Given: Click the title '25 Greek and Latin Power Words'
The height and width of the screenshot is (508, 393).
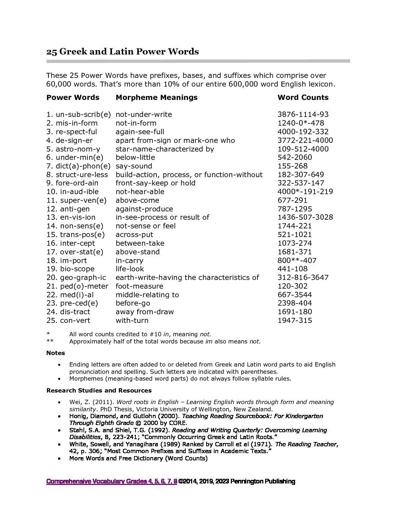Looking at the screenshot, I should pyautogui.click(x=122, y=52).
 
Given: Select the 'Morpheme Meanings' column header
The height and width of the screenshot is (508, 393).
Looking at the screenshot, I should pyautogui.click(x=156, y=97).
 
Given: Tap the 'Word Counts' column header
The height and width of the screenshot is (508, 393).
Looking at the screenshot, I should pyautogui.click(x=303, y=97).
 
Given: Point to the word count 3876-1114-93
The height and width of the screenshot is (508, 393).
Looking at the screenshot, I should pyautogui.click(x=303, y=114).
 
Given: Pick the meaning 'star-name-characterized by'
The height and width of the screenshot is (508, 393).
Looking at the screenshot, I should pyautogui.click(x=165, y=149).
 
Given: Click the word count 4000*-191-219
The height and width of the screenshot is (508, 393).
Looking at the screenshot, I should pyautogui.click(x=305, y=192).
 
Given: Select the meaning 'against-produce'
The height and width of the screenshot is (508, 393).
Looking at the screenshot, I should pyautogui.click(x=144, y=209).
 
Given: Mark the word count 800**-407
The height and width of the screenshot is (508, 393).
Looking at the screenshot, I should pyautogui.click(x=297, y=260).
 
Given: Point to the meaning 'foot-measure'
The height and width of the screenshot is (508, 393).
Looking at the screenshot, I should pyautogui.click(x=139, y=286).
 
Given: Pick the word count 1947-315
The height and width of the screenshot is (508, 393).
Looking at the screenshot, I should pyautogui.click(x=294, y=320).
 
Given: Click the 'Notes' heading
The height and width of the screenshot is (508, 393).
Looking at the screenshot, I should pyautogui.click(x=56, y=353).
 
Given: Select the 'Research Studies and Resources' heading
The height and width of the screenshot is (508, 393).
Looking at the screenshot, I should pyautogui.click(x=99, y=390).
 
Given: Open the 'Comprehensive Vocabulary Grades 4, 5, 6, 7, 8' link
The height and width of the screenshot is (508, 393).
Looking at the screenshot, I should pyautogui.click(x=112, y=481).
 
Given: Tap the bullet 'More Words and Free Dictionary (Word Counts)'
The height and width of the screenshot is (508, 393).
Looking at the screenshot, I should pyautogui.click(x=138, y=458).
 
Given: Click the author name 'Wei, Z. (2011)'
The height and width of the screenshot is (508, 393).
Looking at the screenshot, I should pyautogui.click(x=90, y=402).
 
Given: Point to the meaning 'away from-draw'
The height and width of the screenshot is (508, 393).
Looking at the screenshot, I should pyautogui.click(x=144, y=312).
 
